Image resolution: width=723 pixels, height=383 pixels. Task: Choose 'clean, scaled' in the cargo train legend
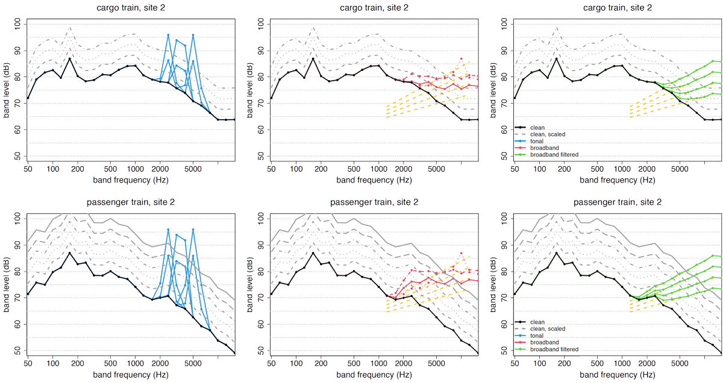point(548,134)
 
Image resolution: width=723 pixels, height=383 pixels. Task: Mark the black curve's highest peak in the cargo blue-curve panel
point(69,58)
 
